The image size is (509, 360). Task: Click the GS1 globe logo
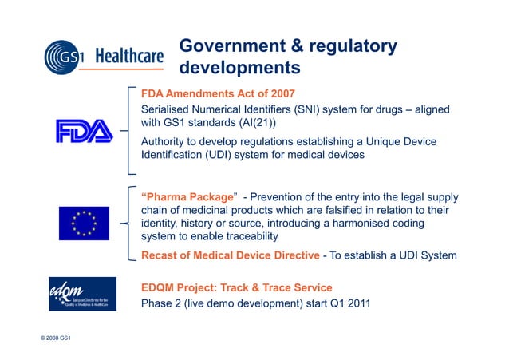pyautogui.click(x=66, y=57)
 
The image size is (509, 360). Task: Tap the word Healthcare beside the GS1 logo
pyautogui.click(x=129, y=57)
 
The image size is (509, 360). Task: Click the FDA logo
pyautogui.click(x=85, y=130)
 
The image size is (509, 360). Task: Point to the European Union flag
pyautogui.click(x=84, y=223)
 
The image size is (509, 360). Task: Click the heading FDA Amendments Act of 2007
pyautogui.click(x=218, y=93)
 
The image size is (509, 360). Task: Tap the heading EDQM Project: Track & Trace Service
pyautogui.click(x=236, y=287)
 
